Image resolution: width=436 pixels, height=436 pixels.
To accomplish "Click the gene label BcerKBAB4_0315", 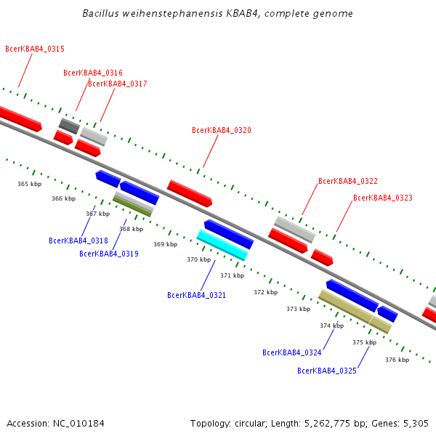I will tap(34, 49).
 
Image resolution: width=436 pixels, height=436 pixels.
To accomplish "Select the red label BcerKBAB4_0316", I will tap(92, 73).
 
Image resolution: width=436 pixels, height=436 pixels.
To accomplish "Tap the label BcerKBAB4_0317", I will tap(117, 84).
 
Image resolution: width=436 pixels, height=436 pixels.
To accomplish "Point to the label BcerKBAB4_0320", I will tap(221, 131).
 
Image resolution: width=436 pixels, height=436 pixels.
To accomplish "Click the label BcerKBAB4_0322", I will tap(347, 182).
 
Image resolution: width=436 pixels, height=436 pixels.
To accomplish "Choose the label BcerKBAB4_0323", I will tap(382, 198).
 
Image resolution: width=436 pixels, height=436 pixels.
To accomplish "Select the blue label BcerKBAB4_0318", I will tap(78, 241).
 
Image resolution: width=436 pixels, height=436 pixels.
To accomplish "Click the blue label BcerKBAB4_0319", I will tap(108, 254).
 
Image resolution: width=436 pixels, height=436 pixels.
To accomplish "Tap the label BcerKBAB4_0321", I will tap(196, 296).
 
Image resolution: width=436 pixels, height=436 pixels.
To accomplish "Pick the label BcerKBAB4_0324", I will tap(291, 353).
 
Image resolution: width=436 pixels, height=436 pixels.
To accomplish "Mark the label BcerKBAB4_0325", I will tap(326, 371).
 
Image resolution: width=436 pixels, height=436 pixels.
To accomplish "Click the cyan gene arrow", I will tap(222, 245).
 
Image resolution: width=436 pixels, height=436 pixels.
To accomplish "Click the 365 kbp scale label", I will tap(29, 185).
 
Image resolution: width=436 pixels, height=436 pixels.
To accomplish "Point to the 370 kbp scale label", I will tap(198, 259).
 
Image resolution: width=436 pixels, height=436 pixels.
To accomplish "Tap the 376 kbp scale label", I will tap(397, 360).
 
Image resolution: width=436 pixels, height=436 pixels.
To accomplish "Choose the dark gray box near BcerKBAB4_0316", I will tap(69, 126).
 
